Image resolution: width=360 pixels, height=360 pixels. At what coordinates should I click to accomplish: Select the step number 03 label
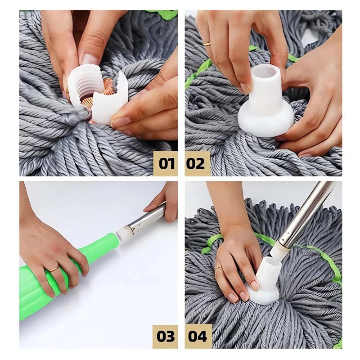click(x=165, y=337)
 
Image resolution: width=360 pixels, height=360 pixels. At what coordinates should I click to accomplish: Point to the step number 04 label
click(x=198, y=337)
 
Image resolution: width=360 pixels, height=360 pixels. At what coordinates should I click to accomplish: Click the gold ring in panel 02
click(x=207, y=43)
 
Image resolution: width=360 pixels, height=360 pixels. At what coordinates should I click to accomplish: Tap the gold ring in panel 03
click(x=54, y=269)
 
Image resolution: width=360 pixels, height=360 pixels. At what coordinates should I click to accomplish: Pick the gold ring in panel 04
click(x=218, y=268)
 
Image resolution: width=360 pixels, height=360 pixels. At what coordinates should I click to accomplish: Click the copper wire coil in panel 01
click(x=101, y=92)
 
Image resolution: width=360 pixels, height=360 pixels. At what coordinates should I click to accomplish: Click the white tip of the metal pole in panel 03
click(x=123, y=232)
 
